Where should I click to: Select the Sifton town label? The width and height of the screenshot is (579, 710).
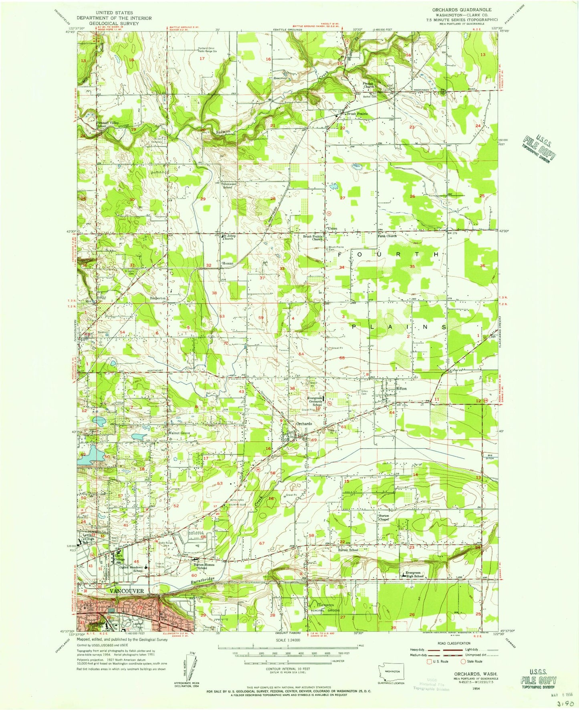point(401,389)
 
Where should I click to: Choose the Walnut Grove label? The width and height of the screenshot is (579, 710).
point(179,433)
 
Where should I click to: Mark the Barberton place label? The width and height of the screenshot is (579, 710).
point(157,299)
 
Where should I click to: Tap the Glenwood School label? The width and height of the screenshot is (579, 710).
point(228,185)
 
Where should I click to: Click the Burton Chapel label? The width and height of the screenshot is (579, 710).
point(384,517)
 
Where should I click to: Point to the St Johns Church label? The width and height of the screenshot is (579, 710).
point(229,237)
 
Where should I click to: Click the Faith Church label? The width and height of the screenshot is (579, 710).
point(387,236)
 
